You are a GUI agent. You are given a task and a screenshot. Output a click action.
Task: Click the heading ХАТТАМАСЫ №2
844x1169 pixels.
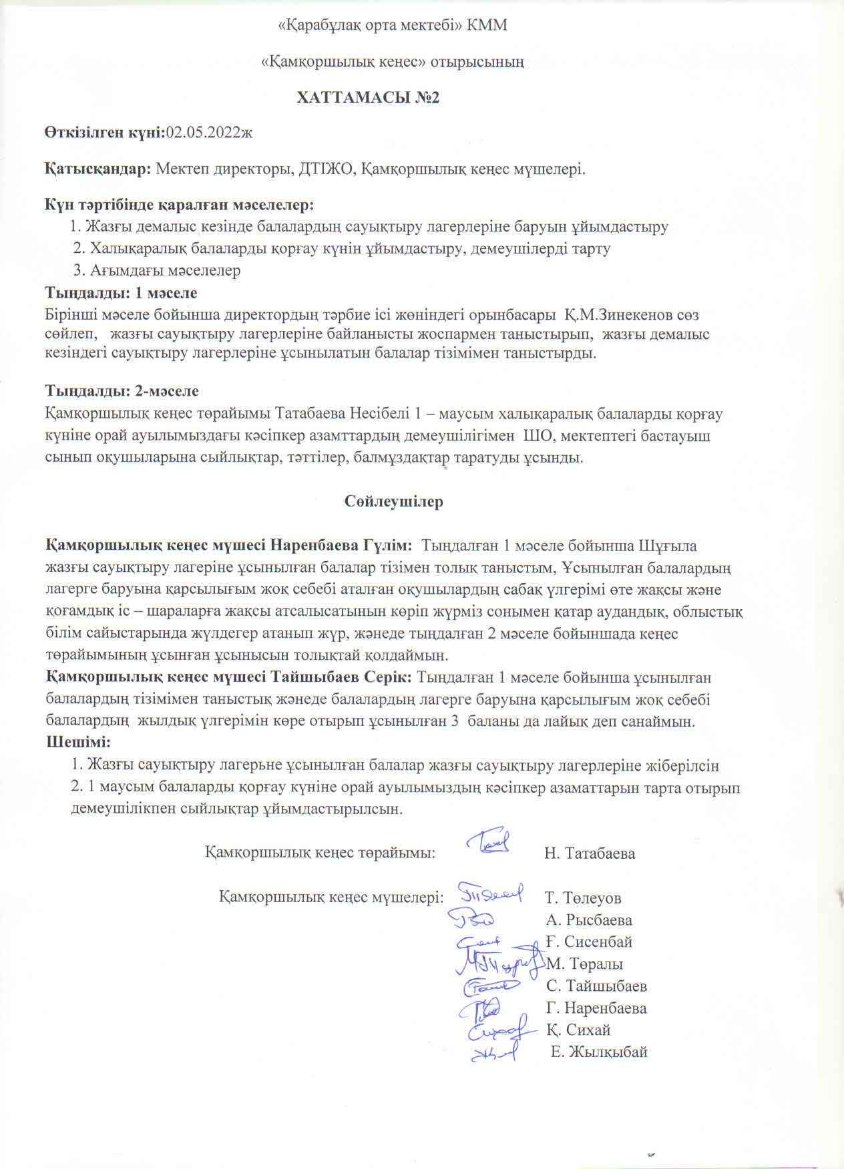pyautogui.click(x=369, y=98)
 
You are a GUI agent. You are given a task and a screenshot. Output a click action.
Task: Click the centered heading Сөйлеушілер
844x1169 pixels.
pyautogui.click(x=394, y=501)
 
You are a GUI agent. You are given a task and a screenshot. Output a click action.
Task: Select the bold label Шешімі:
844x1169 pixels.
pyautogui.click(x=77, y=742)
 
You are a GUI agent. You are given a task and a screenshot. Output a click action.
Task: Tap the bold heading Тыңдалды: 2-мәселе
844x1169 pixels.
pyautogui.click(x=122, y=390)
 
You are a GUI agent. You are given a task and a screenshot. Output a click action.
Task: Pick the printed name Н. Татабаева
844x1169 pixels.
pyautogui.click(x=590, y=853)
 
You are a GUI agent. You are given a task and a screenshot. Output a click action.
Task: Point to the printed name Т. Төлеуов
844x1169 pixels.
pyautogui.click(x=583, y=898)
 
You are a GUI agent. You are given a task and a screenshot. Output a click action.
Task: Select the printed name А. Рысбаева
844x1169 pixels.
pyautogui.click(x=589, y=920)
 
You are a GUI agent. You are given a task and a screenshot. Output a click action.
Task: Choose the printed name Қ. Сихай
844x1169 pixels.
pyautogui.click(x=578, y=1030)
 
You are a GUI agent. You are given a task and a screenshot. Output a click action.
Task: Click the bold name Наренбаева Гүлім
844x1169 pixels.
pyautogui.click(x=341, y=546)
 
